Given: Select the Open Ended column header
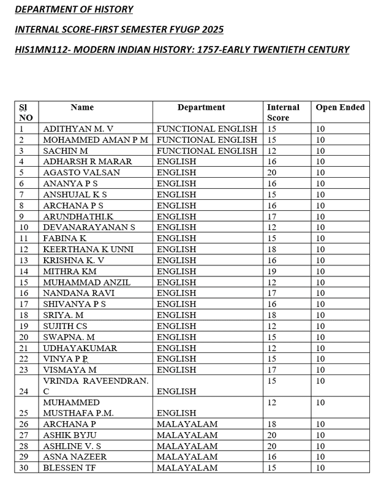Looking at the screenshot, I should click(340, 107).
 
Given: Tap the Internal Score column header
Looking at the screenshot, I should click(283, 112).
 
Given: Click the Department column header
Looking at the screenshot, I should click(201, 107).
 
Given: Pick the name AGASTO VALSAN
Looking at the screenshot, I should click(81, 172).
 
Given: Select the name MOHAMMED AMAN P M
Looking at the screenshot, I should click(96, 139).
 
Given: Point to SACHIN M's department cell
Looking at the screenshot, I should click(207, 150).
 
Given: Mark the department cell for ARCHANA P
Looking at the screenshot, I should click(187, 423).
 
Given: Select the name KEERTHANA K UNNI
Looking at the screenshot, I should click(89, 249).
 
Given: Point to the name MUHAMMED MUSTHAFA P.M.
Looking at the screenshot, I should click(78, 406).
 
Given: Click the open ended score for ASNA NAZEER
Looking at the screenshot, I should click(322, 457).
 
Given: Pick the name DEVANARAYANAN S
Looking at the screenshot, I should click(88, 227).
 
